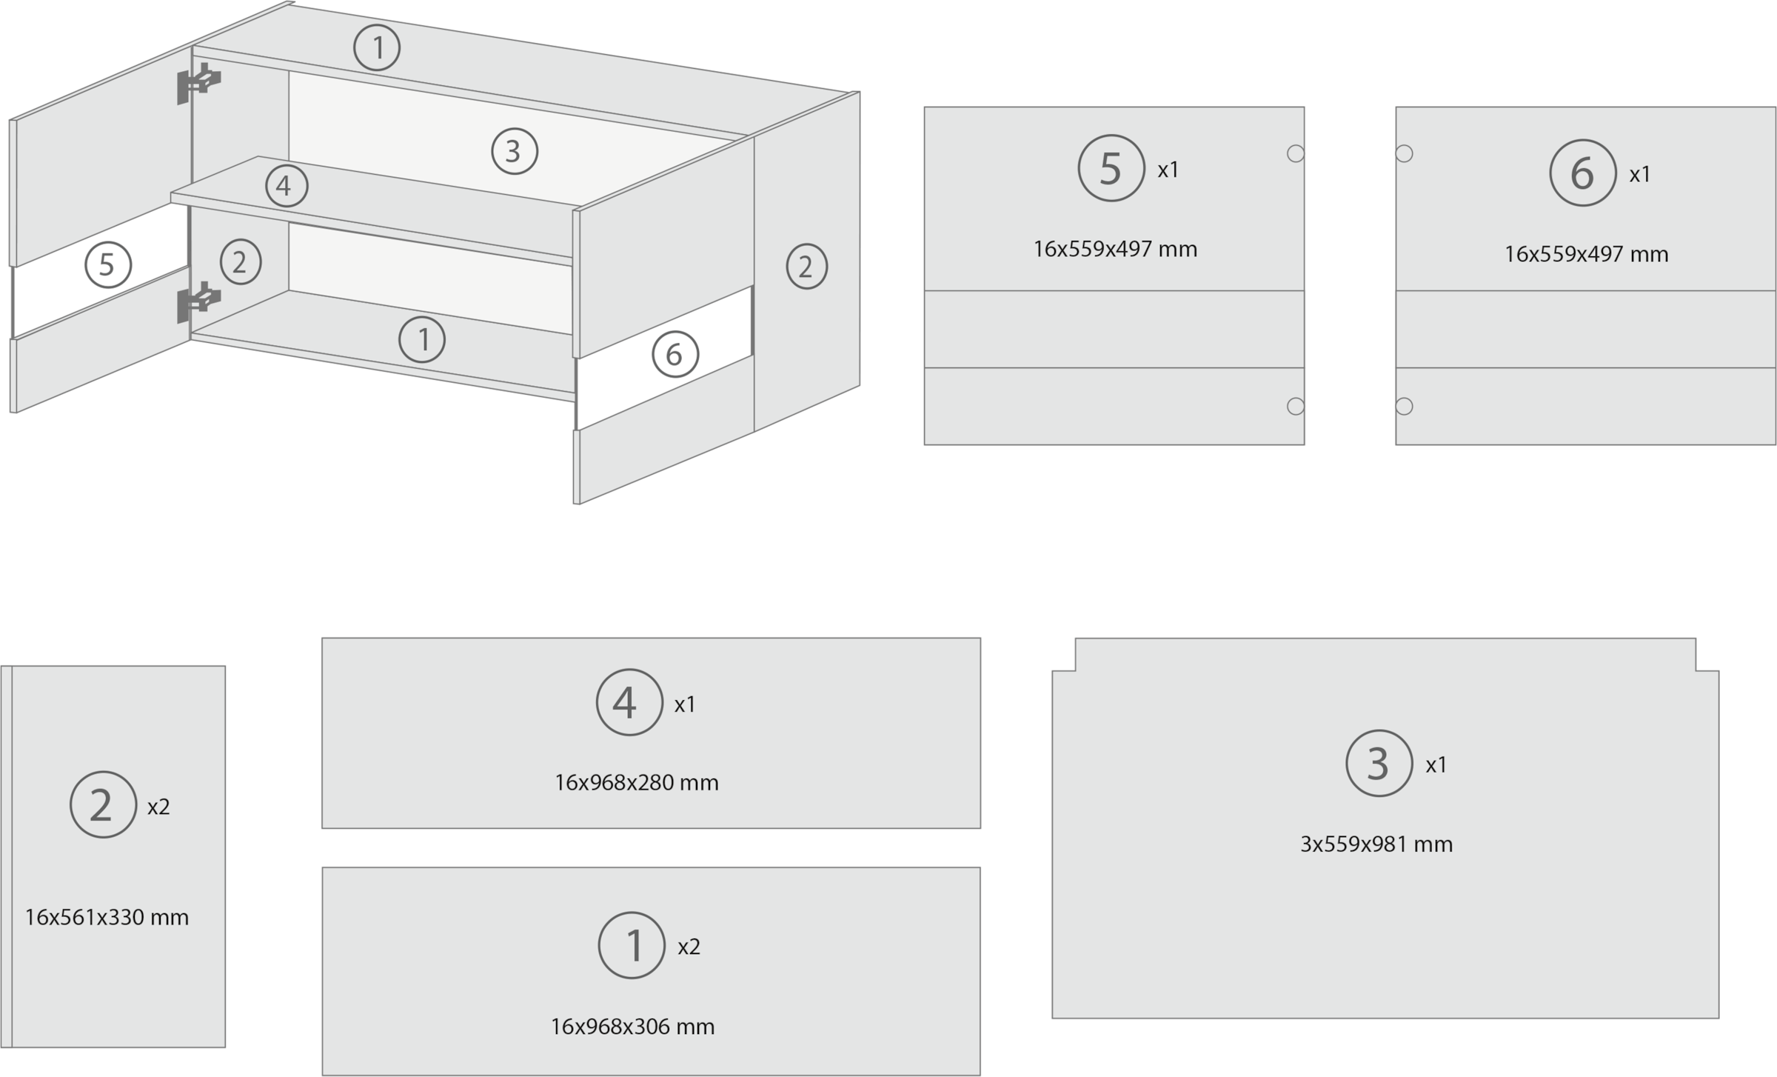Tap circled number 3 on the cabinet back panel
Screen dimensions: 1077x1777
[x=515, y=151]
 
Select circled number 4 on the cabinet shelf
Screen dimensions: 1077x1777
[x=287, y=186]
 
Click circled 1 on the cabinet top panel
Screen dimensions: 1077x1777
[x=377, y=48]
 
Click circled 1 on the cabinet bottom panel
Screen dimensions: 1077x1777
[x=422, y=340]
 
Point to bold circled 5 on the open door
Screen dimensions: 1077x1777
[x=107, y=264]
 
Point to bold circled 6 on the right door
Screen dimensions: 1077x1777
[x=675, y=355]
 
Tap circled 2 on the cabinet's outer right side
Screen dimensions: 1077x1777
[x=806, y=267]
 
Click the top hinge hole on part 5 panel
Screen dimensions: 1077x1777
[x=1296, y=153]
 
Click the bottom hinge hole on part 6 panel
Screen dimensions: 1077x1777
[x=1404, y=406]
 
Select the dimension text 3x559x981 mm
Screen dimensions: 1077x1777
[x=1376, y=844]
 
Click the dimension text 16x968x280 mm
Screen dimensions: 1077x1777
[x=637, y=783]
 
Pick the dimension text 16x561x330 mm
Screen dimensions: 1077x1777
[x=107, y=918]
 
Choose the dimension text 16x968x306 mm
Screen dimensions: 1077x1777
[x=632, y=1027]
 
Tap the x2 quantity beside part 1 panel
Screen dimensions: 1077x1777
[x=689, y=947]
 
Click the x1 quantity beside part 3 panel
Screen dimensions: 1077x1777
[x=1436, y=765]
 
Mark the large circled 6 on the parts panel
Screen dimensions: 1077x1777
[x=1582, y=173]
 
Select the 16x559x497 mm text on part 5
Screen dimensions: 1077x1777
[x=1115, y=249]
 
